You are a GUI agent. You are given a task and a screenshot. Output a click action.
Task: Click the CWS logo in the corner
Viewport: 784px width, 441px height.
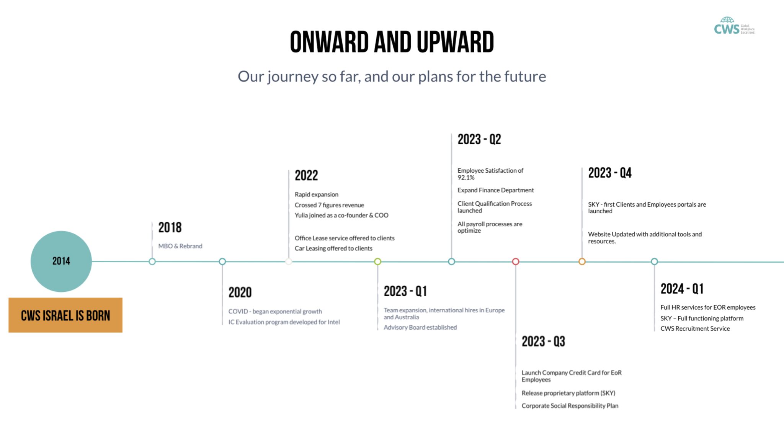[734, 26]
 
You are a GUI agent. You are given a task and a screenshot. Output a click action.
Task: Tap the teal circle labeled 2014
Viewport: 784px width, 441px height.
[61, 261]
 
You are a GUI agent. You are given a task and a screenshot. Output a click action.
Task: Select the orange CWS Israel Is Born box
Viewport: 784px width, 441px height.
[65, 315]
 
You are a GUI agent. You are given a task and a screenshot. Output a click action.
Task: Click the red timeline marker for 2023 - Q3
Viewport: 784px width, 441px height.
[516, 261]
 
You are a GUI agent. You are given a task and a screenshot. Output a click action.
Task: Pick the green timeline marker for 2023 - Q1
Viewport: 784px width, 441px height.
[377, 261]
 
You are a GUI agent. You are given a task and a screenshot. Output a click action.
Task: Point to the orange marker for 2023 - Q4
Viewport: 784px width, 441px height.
[582, 261]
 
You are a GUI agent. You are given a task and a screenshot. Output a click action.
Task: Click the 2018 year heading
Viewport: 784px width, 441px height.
[170, 227]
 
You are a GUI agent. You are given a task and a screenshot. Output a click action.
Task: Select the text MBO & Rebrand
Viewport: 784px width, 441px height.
[180, 246]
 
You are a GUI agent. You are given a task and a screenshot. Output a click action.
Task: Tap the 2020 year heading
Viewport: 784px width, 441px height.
[240, 292]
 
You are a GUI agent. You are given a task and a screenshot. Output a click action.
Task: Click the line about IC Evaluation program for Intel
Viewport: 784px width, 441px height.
[284, 322]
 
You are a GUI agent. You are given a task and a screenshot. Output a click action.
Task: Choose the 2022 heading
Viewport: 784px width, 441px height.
[306, 175]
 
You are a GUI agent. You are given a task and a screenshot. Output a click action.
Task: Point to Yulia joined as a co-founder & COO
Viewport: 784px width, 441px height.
[341, 215]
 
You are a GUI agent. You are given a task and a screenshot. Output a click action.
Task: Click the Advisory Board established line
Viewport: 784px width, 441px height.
[420, 327]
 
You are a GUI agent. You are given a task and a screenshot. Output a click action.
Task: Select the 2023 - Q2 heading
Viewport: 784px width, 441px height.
[479, 139]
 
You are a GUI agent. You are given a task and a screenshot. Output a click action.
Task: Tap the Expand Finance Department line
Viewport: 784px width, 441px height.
[495, 190]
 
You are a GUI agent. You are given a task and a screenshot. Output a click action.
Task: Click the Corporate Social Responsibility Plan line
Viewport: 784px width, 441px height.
[570, 406]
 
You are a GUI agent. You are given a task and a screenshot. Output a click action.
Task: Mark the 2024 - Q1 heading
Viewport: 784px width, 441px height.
[682, 289]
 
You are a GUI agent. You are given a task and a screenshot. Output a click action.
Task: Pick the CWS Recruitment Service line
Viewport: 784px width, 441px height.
[695, 328]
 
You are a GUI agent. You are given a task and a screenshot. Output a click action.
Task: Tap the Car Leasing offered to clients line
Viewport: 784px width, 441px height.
[333, 248]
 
